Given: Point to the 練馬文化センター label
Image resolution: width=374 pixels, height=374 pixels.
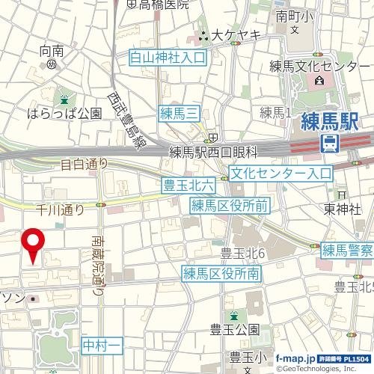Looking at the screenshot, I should point(321,67).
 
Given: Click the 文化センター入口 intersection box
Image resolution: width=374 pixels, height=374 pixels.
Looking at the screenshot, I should point(280,174).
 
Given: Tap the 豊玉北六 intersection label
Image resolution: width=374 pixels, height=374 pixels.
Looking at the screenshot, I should point(188,184).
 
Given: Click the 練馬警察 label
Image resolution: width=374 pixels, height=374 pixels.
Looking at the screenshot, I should point(347,250).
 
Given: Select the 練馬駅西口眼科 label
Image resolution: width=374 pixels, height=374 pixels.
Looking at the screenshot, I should point(213,152).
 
